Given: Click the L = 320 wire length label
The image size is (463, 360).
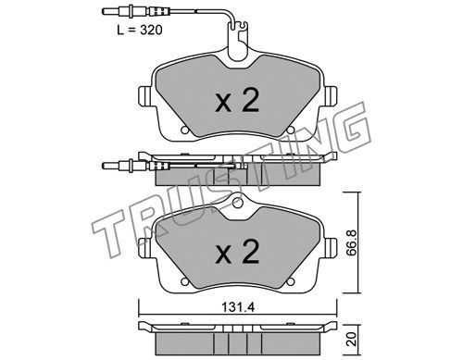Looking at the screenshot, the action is pyautogui.click(x=140, y=31).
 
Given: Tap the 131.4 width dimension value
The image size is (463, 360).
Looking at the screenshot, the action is pyautogui.click(x=238, y=307).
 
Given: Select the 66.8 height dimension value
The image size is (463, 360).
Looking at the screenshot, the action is pyautogui.click(x=352, y=242).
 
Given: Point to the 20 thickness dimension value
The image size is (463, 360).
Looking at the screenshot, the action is pyautogui.click(x=352, y=339).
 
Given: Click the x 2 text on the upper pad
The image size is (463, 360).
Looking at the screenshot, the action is pyautogui.click(x=237, y=100).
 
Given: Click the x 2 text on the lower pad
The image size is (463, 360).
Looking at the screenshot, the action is pyautogui.click(x=237, y=252).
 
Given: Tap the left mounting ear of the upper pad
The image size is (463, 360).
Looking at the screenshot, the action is pyautogui.click(x=145, y=95).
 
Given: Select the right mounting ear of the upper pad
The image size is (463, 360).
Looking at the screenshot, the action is pyautogui.click(x=330, y=95).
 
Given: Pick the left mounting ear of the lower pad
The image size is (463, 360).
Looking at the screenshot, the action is pyautogui.click(x=145, y=247).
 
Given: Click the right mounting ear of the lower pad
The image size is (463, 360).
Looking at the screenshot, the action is pyautogui.click(x=330, y=247).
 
